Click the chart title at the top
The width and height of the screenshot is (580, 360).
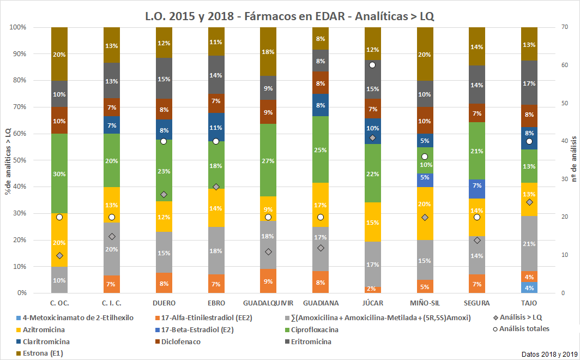click(x=289, y=16)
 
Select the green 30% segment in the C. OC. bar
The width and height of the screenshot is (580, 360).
click(x=59, y=173)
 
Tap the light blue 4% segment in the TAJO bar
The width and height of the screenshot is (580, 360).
click(x=529, y=287)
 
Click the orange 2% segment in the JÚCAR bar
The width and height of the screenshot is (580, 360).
click(x=372, y=289)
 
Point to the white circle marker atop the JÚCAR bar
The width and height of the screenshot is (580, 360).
click(x=372, y=65)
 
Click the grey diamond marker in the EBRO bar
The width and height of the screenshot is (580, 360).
click(x=216, y=187)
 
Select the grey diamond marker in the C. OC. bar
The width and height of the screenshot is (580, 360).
click(x=59, y=255)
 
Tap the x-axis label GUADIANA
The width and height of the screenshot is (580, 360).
click(x=321, y=303)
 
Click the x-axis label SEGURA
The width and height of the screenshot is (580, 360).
click(x=477, y=303)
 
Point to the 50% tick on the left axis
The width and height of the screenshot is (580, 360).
click(x=20, y=160)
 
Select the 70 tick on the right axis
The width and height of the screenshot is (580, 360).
click(x=563, y=27)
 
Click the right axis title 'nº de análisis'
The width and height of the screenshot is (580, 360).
click(x=574, y=160)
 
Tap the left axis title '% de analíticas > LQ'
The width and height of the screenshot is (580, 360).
click(x=7, y=160)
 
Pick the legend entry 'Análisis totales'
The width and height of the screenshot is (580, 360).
click(x=523, y=328)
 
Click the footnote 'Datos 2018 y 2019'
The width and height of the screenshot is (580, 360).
click(x=548, y=354)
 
